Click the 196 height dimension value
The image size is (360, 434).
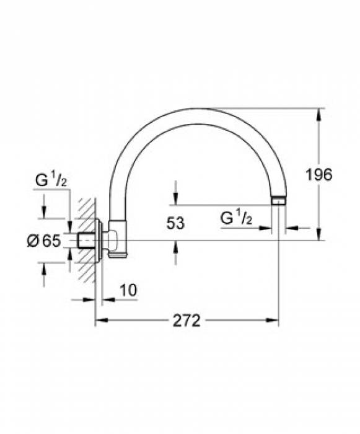(318, 175)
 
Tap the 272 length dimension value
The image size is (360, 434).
(187, 321)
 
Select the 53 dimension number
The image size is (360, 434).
(175, 223)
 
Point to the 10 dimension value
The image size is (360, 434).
(128, 290)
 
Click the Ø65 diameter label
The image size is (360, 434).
(44, 241)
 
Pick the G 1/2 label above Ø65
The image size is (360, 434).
(51, 180)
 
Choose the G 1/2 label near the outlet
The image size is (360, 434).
(236, 218)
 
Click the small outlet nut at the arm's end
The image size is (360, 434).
(278, 200)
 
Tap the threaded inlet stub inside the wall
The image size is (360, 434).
(87, 241)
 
